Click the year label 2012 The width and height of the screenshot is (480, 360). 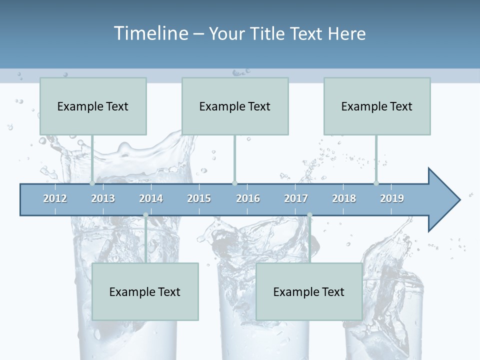(x=55, y=198)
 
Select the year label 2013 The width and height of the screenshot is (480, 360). (x=103, y=198)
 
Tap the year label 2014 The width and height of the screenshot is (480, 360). (x=151, y=198)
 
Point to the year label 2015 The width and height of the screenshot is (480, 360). (x=199, y=198)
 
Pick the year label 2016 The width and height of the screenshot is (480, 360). (x=248, y=198)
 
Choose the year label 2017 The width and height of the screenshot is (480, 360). (x=296, y=198)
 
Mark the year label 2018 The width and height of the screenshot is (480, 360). (x=344, y=198)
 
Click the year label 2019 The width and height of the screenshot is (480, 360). (x=392, y=198)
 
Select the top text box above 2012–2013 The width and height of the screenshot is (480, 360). (x=93, y=106)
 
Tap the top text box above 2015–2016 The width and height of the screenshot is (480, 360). (x=235, y=106)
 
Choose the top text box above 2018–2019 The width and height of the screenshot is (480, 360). (x=377, y=106)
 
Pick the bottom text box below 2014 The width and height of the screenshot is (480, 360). (x=145, y=291)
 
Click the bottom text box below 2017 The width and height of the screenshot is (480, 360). (x=309, y=291)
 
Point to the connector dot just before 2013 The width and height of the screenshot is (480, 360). (x=92, y=183)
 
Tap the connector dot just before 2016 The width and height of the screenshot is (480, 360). (x=234, y=183)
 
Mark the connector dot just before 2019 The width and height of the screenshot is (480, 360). (x=376, y=183)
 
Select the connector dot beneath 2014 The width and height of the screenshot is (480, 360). (x=146, y=215)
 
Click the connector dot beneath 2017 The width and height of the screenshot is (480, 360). (x=309, y=215)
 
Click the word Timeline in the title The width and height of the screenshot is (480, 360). (x=150, y=33)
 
